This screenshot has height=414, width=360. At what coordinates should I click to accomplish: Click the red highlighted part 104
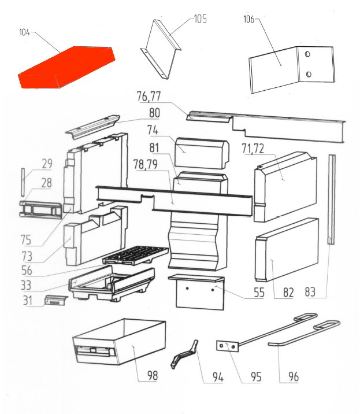pos(67,67)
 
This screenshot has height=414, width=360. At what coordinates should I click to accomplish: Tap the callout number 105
pos(201,19)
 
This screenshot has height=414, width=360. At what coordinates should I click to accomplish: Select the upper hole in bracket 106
pos(307,54)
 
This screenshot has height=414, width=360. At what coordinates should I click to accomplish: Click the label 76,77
pos(149,97)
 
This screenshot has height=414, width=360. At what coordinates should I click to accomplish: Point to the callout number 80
pos(154,113)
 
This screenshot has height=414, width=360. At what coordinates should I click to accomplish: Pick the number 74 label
pos(153,130)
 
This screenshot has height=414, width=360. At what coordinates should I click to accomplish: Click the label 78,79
pos(146,164)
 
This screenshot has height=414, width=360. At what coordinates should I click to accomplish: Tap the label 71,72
pos(253,149)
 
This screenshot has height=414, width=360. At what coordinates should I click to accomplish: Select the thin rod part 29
pos(23,182)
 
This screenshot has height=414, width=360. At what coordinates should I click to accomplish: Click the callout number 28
pos(46,183)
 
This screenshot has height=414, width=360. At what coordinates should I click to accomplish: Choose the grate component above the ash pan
pos(135,256)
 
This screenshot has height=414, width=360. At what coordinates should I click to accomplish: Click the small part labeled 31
pos(55,300)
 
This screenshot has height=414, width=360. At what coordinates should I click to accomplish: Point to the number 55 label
pos(259,293)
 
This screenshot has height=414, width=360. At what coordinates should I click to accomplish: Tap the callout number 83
pos(310,292)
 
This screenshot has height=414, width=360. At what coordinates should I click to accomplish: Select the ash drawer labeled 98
pos(119,341)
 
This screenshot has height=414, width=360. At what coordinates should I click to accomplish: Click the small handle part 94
pos(184,354)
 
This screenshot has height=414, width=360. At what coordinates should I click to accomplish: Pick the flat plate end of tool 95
pos(227,346)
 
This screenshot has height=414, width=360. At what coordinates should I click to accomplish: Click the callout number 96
pos(294,377)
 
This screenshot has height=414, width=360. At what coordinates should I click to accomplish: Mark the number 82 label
pos(288,293)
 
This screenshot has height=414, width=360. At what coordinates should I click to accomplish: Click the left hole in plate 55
pos(187,289)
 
